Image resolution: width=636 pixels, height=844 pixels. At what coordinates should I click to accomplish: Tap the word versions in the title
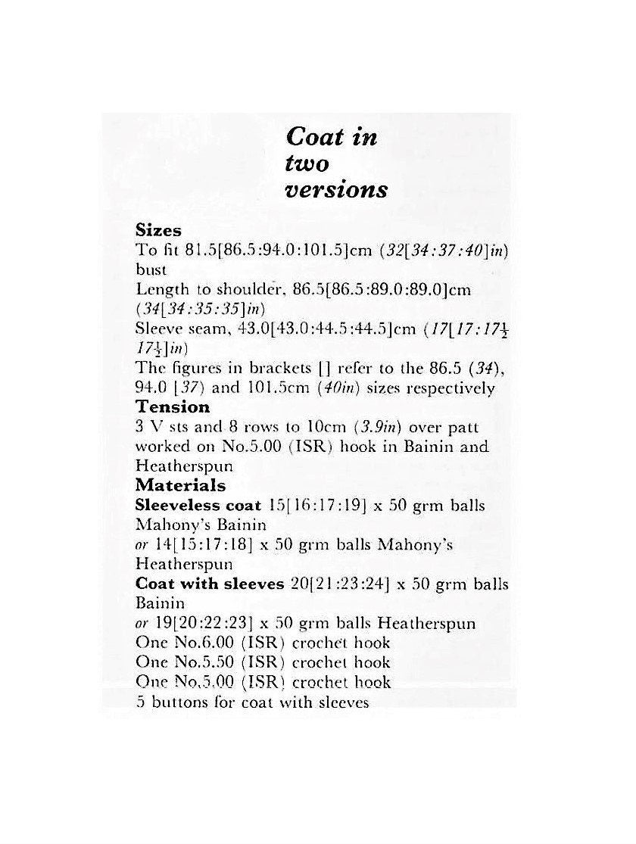[x=336, y=189]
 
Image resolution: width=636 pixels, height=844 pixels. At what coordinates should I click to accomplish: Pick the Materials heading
[x=180, y=485]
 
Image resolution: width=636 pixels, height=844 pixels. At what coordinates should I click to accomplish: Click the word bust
[x=150, y=269]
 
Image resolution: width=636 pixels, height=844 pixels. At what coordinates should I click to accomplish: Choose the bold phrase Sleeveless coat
[x=196, y=505]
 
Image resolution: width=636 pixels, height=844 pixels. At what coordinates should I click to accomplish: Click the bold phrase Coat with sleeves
[x=210, y=584]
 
